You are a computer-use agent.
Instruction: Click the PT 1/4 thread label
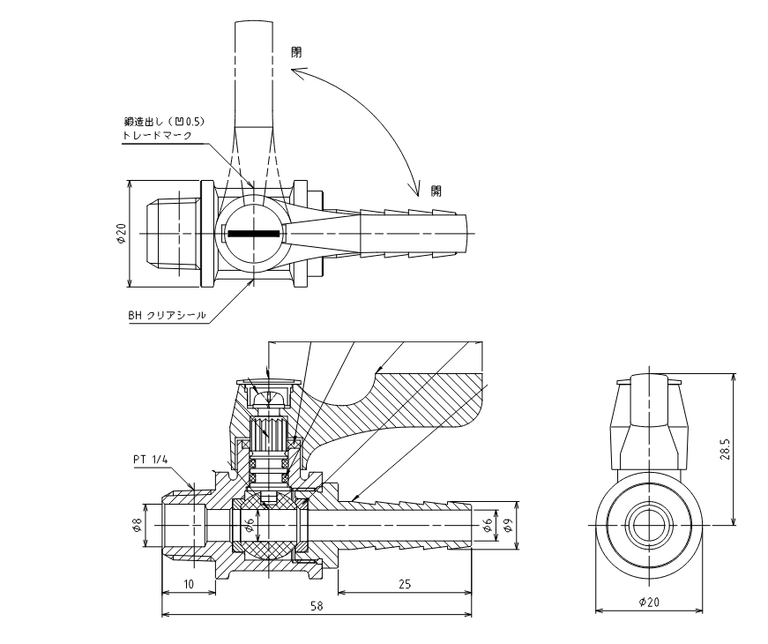pyautogui.click(x=151, y=460)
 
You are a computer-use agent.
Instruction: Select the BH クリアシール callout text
pyautogui.click(x=167, y=315)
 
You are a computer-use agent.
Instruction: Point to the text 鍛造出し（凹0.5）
pyautogui.click(x=164, y=121)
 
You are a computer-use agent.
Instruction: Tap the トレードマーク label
pyautogui.click(x=157, y=135)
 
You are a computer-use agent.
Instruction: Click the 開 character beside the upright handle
pyautogui.click(x=297, y=52)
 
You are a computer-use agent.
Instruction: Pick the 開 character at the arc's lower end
pyautogui.click(x=436, y=191)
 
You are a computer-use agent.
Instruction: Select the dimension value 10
pyautogui.click(x=189, y=584)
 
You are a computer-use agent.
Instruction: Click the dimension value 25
pyautogui.click(x=405, y=584)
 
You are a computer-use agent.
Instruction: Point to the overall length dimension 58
pyautogui.click(x=317, y=606)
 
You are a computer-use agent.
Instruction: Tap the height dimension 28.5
pyautogui.click(x=726, y=449)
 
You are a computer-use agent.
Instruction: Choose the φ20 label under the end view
pyautogui.click(x=650, y=602)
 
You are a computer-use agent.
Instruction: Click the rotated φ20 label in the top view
pyautogui.click(x=121, y=233)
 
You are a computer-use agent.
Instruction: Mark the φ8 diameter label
pyautogui.click(x=138, y=526)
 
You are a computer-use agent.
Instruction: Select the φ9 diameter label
pyautogui.click(x=508, y=526)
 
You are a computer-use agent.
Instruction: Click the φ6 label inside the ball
pyautogui.click(x=250, y=526)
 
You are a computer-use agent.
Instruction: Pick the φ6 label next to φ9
pyautogui.click(x=487, y=526)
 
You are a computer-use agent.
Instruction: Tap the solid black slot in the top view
pyautogui.click(x=254, y=233)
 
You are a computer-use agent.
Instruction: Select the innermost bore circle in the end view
pyautogui.click(x=649, y=526)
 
